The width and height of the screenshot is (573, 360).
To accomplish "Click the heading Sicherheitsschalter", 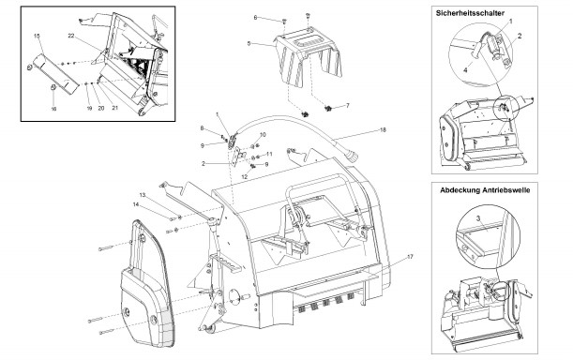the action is point(470,13).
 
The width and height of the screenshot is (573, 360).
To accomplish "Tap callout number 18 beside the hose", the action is point(383,129).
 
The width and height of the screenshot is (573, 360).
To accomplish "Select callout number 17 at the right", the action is point(410,257).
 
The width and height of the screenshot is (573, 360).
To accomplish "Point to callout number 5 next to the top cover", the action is point(249,43).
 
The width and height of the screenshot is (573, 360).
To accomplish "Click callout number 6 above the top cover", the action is point(255,17).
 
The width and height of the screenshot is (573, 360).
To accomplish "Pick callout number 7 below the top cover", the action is point(348,106).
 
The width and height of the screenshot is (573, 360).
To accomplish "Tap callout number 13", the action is point(202,128).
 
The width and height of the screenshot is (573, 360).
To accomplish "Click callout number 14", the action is point(136,204).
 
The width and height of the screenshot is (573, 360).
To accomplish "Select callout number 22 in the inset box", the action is point(71,36).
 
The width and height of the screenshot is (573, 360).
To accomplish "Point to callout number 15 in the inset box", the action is point(37,36).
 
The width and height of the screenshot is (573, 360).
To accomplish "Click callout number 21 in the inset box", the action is point(114,108).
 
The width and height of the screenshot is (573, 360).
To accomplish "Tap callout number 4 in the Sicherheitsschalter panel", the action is point(465,70).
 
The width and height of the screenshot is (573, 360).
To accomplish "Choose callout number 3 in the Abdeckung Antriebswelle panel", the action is point(478,218).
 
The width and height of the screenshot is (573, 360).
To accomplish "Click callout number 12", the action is point(244,176).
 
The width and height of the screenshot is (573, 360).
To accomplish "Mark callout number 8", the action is point(202,128).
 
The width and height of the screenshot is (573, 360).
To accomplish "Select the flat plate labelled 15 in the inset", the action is point(55,74).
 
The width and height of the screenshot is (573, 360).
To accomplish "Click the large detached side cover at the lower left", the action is point(146,285).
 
